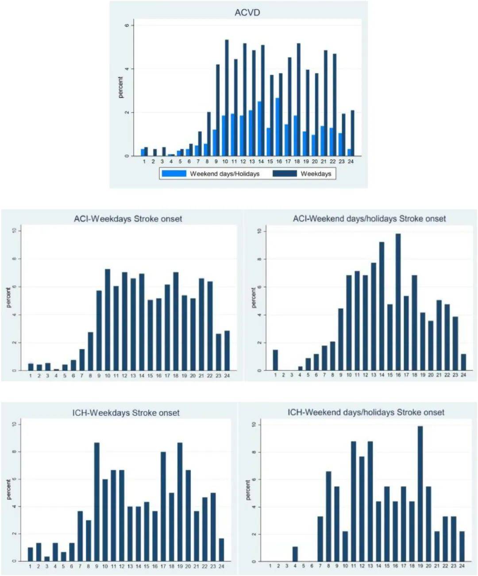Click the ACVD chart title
point(247,12)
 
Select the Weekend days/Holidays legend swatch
point(174,174)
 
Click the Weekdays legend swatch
point(284,174)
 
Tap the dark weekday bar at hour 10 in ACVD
point(227,97)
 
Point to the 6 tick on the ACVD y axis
point(127,25)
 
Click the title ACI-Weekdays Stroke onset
point(127,219)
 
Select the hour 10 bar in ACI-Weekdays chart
point(108,319)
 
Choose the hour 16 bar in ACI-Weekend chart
point(398,302)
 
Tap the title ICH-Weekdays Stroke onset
point(126,413)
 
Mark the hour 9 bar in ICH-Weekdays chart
point(96,502)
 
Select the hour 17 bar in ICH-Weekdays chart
point(163,506)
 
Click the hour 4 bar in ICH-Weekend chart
point(295,554)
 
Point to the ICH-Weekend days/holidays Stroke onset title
point(366,413)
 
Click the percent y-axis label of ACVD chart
point(120,87)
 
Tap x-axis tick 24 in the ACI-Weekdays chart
point(227,376)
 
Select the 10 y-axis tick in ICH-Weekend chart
point(254,424)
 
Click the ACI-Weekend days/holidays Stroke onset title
point(369,219)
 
